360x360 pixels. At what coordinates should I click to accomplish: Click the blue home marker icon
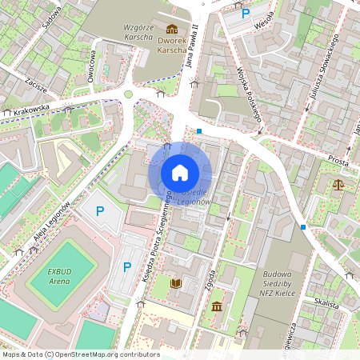(180, 172)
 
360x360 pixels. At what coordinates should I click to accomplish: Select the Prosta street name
(338, 161)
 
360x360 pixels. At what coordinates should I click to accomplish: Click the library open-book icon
(177, 283)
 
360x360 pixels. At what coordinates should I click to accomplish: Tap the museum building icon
(217, 306)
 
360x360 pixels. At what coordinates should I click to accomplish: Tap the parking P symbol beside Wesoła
(246, 13)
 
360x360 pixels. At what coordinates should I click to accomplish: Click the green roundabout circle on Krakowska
(128, 95)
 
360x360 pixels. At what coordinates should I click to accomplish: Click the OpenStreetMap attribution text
(80, 354)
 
